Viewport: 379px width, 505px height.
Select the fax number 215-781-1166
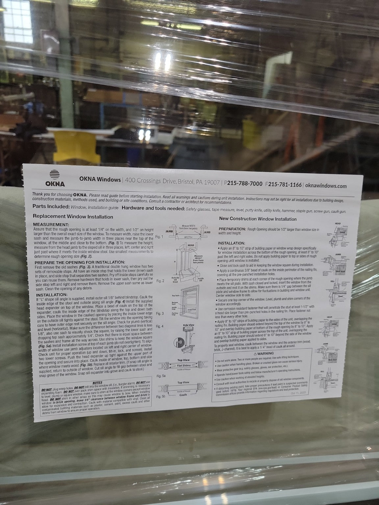285,185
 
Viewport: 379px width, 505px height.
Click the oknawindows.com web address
326,186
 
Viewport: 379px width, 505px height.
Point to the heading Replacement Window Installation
73,217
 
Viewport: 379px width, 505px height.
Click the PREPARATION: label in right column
232,229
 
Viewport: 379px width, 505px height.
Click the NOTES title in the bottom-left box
97,383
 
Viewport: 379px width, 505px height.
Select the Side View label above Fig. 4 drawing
188,325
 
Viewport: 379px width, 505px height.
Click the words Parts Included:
51,207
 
